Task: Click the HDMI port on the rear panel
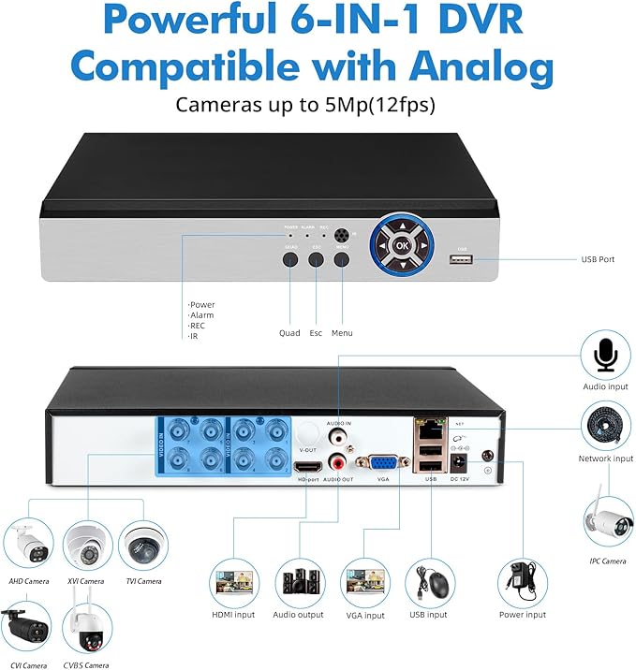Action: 306,466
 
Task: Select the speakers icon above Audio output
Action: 299,583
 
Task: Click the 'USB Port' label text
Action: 598,259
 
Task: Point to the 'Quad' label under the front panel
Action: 289,333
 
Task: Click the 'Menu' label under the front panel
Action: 342,333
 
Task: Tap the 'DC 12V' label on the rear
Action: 460,479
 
